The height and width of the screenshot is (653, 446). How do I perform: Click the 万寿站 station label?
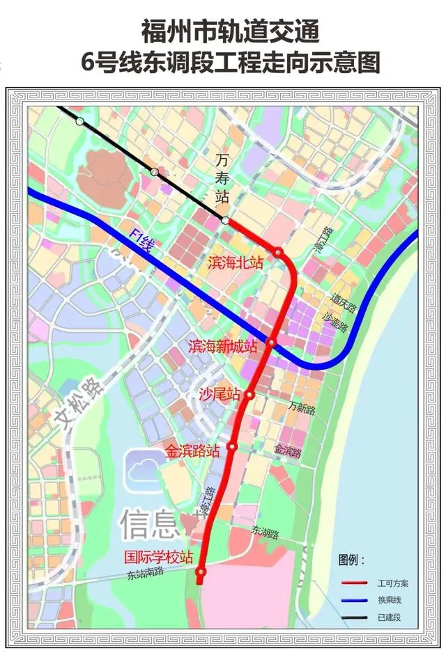(x=222, y=182)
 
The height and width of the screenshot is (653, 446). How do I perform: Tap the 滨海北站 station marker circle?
(x=278, y=252)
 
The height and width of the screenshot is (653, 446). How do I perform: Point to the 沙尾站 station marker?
(x=249, y=395)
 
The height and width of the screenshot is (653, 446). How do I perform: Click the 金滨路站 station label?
(x=192, y=451)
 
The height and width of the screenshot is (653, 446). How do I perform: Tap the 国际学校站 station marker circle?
(x=201, y=572)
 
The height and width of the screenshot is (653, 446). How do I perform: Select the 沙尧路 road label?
(x=337, y=320)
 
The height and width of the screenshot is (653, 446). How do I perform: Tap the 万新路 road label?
(x=302, y=408)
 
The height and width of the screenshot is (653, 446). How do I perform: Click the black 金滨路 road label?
(x=288, y=451)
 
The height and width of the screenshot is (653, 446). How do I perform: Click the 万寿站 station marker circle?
(x=225, y=221)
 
